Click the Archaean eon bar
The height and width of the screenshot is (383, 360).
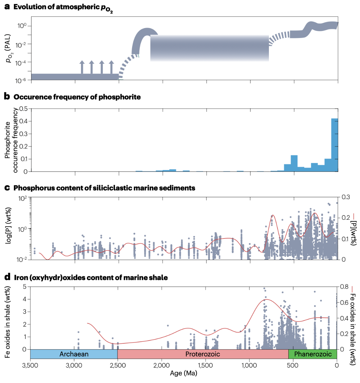(x=74, y=354)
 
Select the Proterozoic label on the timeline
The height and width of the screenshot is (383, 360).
(x=203, y=354)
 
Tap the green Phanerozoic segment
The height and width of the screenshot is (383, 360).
(x=313, y=354)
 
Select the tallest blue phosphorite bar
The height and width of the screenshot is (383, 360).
(x=334, y=145)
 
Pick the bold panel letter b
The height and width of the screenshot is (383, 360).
(x=7, y=97)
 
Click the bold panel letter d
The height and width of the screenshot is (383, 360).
(x=7, y=278)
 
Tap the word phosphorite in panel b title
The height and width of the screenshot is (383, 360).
(x=122, y=97)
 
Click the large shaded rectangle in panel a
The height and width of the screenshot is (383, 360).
(x=209, y=48)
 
